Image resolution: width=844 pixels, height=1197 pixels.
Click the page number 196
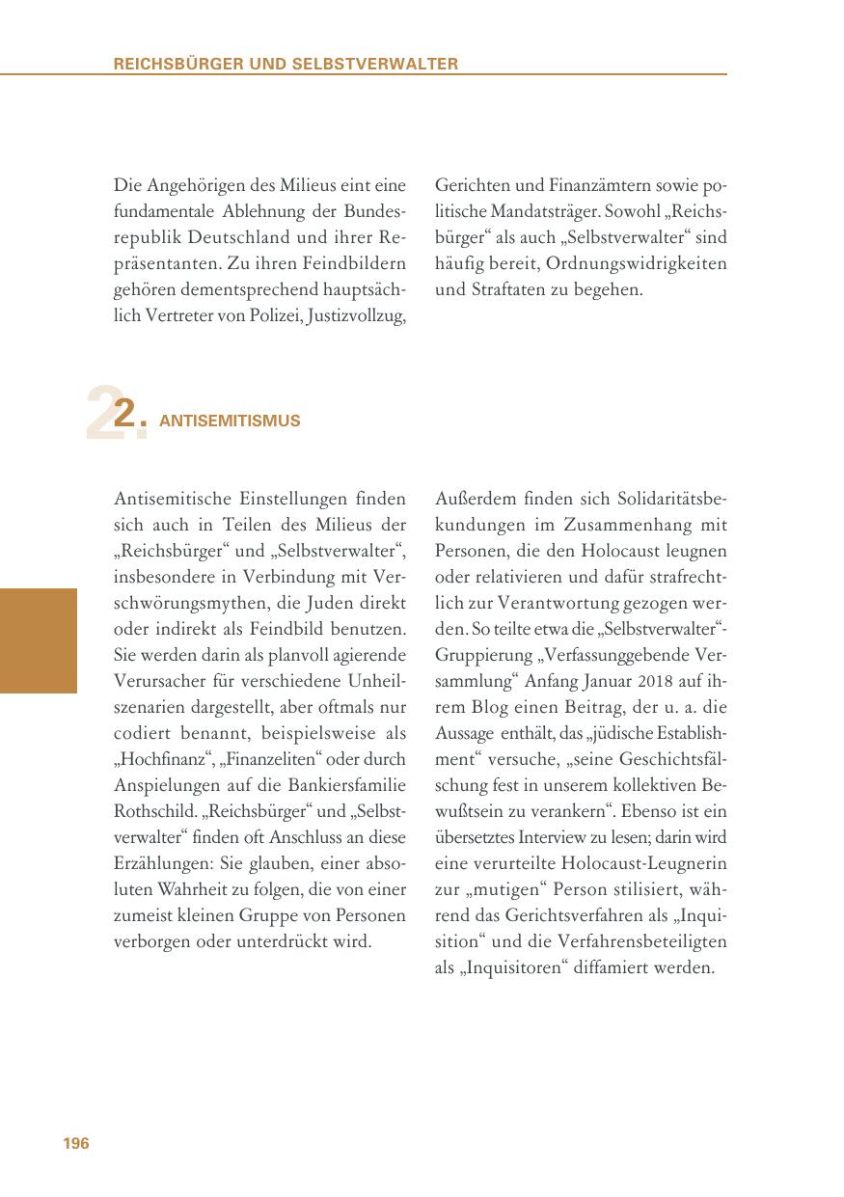76,1144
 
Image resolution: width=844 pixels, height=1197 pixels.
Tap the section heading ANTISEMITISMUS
230,421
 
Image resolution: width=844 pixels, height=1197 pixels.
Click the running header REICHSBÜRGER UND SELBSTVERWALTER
286,64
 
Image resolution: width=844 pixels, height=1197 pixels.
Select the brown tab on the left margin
38,640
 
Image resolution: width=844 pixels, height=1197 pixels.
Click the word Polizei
279,315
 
